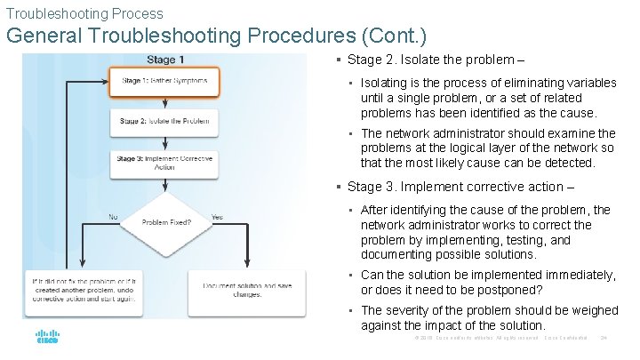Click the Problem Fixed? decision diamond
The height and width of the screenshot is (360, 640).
pyautogui.click(x=165, y=221)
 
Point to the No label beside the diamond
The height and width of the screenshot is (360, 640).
pyautogui.click(x=113, y=216)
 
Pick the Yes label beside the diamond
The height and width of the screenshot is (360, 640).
pyautogui.click(x=218, y=216)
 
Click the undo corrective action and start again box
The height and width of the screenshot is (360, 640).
pyautogui.click(x=82, y=290)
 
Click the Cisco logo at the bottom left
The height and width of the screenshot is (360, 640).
pyautogui.click(x=47, y=338)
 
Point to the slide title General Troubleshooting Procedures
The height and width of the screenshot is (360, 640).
pyautogui.click(x=216, y=36)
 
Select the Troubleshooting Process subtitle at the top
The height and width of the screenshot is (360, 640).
pyautogui.click(x=84, y=13)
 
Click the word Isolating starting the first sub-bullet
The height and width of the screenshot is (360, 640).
pyautogui.click(x=384, y=83)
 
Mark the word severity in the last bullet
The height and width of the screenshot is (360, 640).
pyautogui.click(x=409, y=310)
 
